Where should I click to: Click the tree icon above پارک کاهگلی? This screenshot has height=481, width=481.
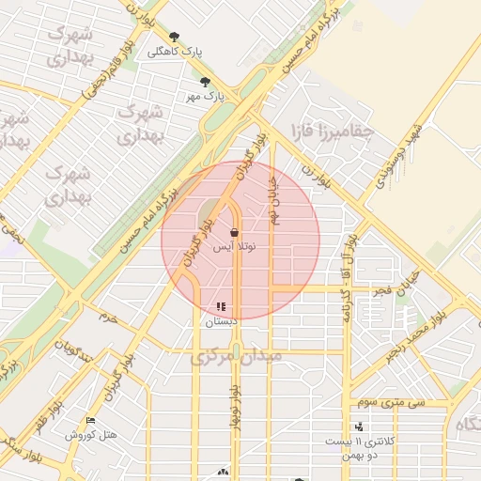click(x=174, y=38)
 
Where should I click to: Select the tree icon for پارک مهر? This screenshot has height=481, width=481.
click(x=205, y=82)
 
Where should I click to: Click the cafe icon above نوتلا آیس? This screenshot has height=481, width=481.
click(x=233, y=232)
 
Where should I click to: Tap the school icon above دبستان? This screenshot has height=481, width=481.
click(x=221, y=306)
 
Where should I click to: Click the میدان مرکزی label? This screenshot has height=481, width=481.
click(x=236, y=356)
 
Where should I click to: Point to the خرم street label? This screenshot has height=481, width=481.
click(x=110, y=318)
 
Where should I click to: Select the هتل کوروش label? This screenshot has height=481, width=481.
click(x=90, y=435)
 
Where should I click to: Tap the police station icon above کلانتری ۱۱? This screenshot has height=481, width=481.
click(x=359, y=427)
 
